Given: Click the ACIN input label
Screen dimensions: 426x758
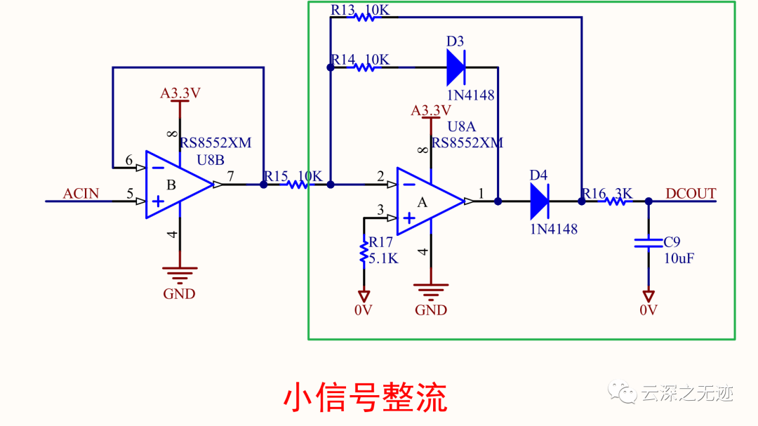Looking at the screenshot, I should click(x=81, y=194).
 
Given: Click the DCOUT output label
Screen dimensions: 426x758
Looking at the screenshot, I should click(x=691, y=194).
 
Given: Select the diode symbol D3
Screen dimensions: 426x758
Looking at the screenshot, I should click(x=456, y=68).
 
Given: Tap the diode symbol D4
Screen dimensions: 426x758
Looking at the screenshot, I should click(x=539, y=201).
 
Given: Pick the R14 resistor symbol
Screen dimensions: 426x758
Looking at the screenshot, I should click(x=364, y=68).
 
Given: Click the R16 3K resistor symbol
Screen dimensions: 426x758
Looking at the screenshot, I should click(x=617, y=201).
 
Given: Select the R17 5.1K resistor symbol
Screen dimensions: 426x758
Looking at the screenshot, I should click(x=364, y=251).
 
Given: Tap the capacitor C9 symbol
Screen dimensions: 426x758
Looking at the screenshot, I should click(x=648, y=243).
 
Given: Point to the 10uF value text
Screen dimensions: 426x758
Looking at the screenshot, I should click(x=679, y=258).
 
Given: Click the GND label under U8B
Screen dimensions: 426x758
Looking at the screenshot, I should click(x=179, y=294).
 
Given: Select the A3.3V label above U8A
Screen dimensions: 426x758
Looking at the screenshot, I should click(x=430, y=111).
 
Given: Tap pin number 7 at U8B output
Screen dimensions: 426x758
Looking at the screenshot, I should click(x=231, y=176).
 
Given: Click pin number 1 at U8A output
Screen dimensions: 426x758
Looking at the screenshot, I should click(x=481, y=192).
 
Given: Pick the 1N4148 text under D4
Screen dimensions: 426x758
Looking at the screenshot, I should click(x=554, y=229).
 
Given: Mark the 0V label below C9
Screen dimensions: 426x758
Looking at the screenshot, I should click(x=649, y=310).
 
